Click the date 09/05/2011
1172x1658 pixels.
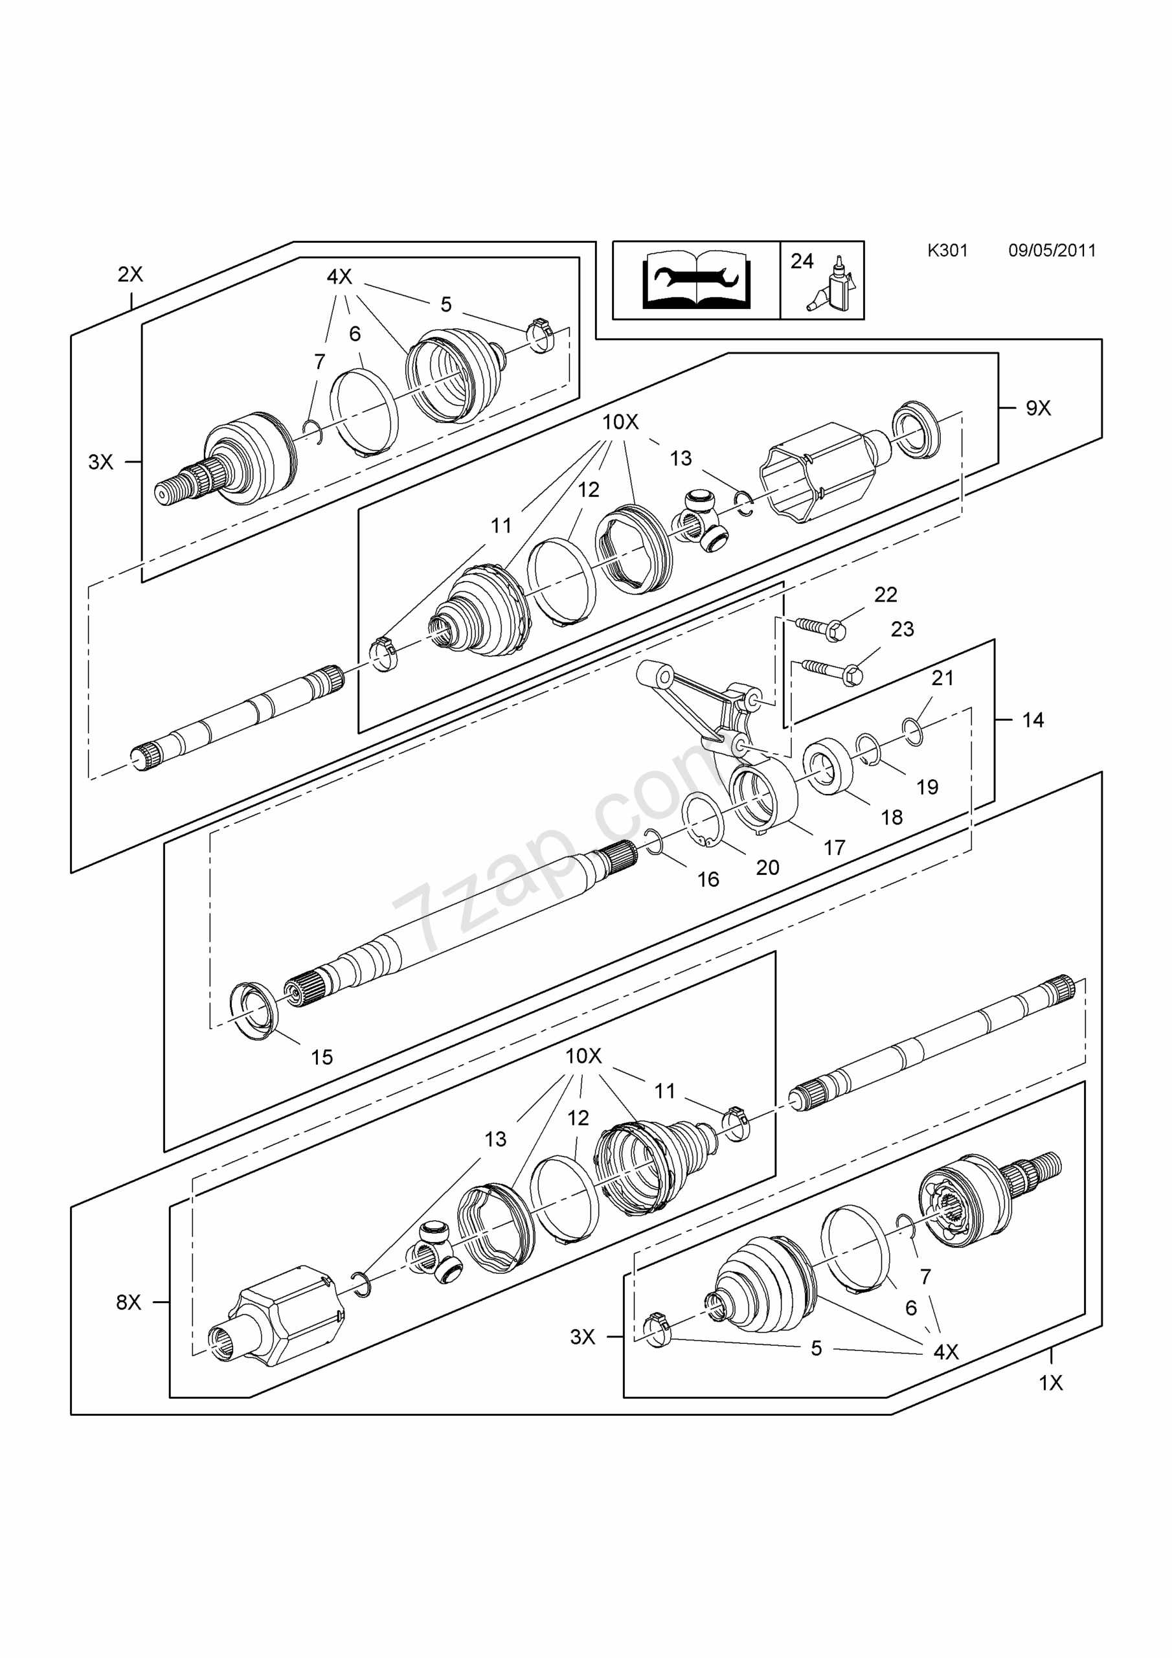(1052, 251)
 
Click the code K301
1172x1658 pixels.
(947, 251)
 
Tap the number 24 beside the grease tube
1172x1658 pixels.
(802, 261)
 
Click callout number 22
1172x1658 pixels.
(885, 595)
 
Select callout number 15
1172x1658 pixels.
(321, 1057)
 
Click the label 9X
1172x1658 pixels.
(1038, 409)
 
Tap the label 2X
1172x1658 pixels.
(130, 275)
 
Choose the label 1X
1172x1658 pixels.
(1051, 1383)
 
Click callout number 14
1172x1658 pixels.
(1033, 720)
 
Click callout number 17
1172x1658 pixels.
(834, 848)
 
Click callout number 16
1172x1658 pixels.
(708, 880)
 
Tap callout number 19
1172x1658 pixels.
(927, 787)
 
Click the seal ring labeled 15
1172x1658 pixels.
(253, 1010)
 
